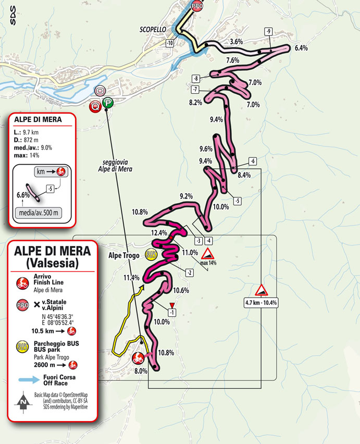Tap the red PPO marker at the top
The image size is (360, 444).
point(196,7)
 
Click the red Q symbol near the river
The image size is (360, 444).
point(95,107)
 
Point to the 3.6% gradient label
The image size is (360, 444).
point(237,41)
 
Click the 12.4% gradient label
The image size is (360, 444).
point(159,232)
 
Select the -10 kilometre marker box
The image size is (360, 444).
point(170,43)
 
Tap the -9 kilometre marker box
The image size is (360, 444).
point(268,31)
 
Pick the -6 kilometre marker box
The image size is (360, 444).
point(253,161)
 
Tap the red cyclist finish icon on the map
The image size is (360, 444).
point(138,358)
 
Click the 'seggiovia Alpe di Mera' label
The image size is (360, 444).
point(115,165)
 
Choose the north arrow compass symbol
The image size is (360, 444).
point(23,402)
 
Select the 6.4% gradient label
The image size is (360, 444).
point(301,48)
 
